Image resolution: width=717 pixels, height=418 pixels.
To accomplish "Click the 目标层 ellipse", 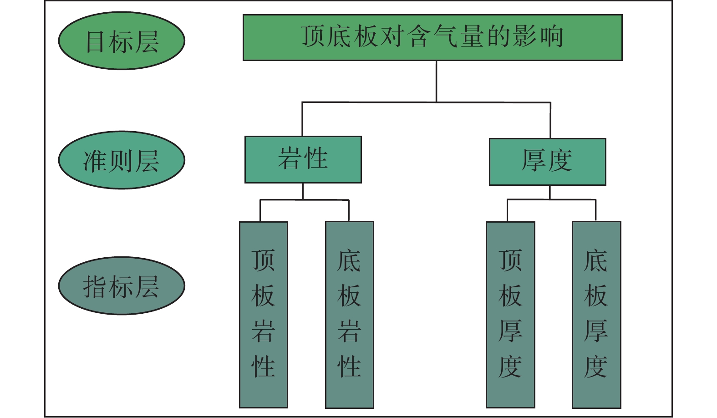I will point(122,41).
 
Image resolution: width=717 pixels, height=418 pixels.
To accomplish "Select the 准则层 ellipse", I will point(122,160).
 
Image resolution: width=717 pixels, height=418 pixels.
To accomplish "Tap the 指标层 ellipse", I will point(122,286).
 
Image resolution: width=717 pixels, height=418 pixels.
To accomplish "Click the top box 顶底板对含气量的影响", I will point(432,37).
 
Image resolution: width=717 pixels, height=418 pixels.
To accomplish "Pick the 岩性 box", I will point(303,159).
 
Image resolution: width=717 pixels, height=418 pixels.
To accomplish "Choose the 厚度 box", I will point(547,162).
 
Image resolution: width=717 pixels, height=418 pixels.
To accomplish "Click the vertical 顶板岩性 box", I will point(264,314).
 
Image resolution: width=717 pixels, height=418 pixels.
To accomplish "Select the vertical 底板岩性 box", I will point(350,314).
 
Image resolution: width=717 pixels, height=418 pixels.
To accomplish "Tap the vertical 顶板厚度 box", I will point(510,314).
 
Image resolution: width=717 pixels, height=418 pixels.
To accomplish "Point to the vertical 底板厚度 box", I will point(596,314).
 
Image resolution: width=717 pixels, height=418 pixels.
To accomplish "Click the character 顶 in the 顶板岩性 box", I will point(264,260).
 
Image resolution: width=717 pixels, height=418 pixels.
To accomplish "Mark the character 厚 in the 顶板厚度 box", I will point(510,331).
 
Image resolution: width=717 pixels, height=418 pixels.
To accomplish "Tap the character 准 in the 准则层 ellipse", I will point(96,161).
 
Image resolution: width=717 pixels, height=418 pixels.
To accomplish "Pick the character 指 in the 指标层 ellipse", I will point(96,287).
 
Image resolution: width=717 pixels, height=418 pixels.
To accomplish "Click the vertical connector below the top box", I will point(436,81).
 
